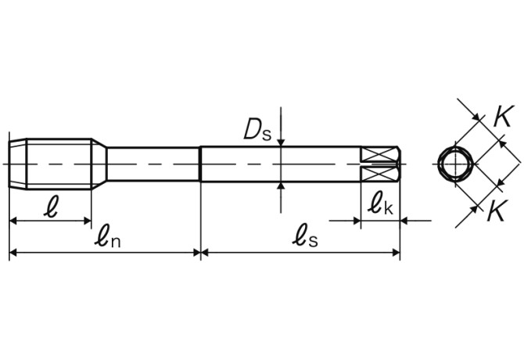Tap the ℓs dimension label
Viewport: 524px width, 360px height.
pos(305,236)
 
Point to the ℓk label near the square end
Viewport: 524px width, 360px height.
pos(381,205)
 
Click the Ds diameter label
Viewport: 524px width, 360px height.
pos(257,129)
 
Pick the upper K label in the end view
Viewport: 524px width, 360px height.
pos(502,117)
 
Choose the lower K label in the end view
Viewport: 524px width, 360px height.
pos(497,211)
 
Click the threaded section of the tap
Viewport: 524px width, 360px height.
pos(59,164)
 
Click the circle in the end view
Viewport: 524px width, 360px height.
pos(454,164)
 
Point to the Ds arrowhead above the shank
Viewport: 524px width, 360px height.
pos(281,142)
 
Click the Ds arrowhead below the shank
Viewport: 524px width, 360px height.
pos(281,186)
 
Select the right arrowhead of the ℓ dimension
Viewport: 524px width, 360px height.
pos(88,221)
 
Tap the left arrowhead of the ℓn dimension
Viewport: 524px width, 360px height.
pos(14,252)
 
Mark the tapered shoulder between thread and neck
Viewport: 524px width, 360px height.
pos(99,164)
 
